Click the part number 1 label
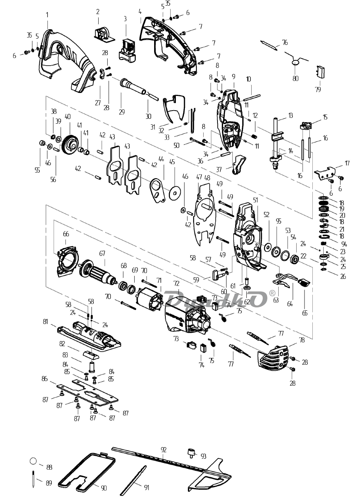(47, 15)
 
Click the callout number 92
(163, 449)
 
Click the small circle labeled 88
(33, 461)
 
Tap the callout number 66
(66, 234)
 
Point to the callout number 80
(295, 78)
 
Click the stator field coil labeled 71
(150, 298)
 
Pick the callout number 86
(45, 379)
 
